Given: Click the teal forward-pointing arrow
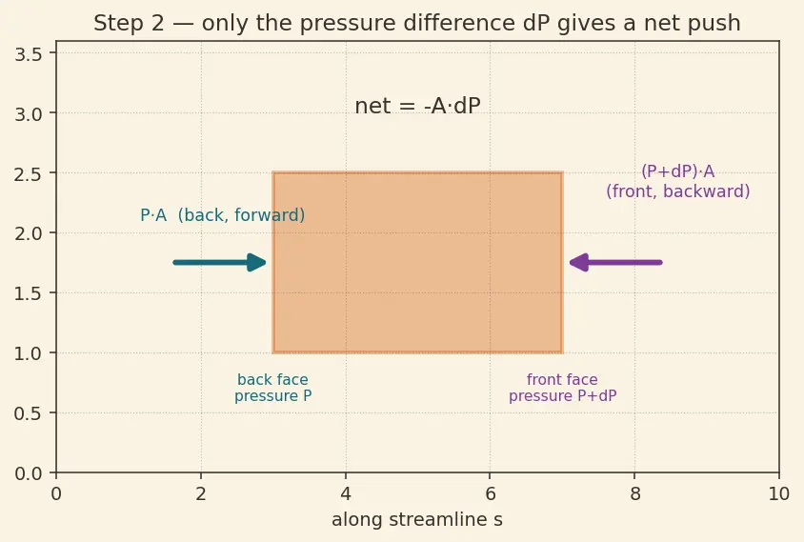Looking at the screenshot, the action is [220, 263].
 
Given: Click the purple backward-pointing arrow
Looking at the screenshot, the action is [615, 263].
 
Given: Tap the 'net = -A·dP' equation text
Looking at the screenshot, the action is [417, 106].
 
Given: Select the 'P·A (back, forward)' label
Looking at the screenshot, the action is [223, 215].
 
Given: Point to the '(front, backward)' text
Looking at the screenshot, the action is [678, 191].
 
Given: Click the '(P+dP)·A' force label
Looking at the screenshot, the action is [678, 171].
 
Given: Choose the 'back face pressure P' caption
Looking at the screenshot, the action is [272, 388].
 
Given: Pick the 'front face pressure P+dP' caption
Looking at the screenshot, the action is [562, 388].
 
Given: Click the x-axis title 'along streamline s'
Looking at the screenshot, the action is [417, 519].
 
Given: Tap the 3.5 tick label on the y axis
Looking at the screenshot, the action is [29, 54].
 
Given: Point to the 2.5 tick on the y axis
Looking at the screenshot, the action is [29, 173].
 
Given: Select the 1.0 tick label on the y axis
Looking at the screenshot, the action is [29, 353].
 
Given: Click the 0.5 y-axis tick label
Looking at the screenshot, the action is [29, 413].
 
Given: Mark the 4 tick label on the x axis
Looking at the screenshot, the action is [346, 493].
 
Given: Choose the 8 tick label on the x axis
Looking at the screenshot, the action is [634, 493].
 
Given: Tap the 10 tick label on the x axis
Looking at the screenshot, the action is [779, 493].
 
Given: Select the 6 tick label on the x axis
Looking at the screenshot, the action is [491, 493].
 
